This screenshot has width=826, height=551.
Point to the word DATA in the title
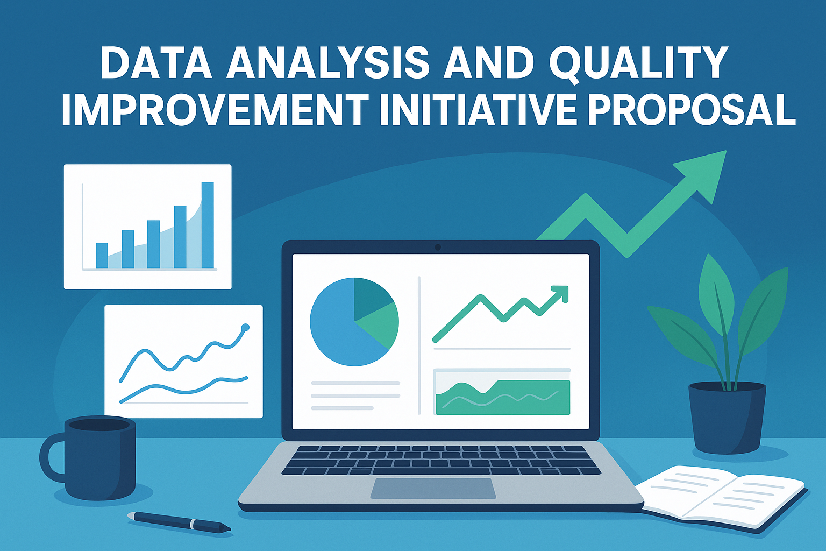(x=156, y=62)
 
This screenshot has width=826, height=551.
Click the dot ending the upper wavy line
(x=246, y=327)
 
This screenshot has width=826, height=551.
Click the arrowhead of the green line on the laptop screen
(x=560, y=294)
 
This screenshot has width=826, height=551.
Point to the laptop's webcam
(x=438, y=248)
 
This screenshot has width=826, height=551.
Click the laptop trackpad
(x=433, y=488)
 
